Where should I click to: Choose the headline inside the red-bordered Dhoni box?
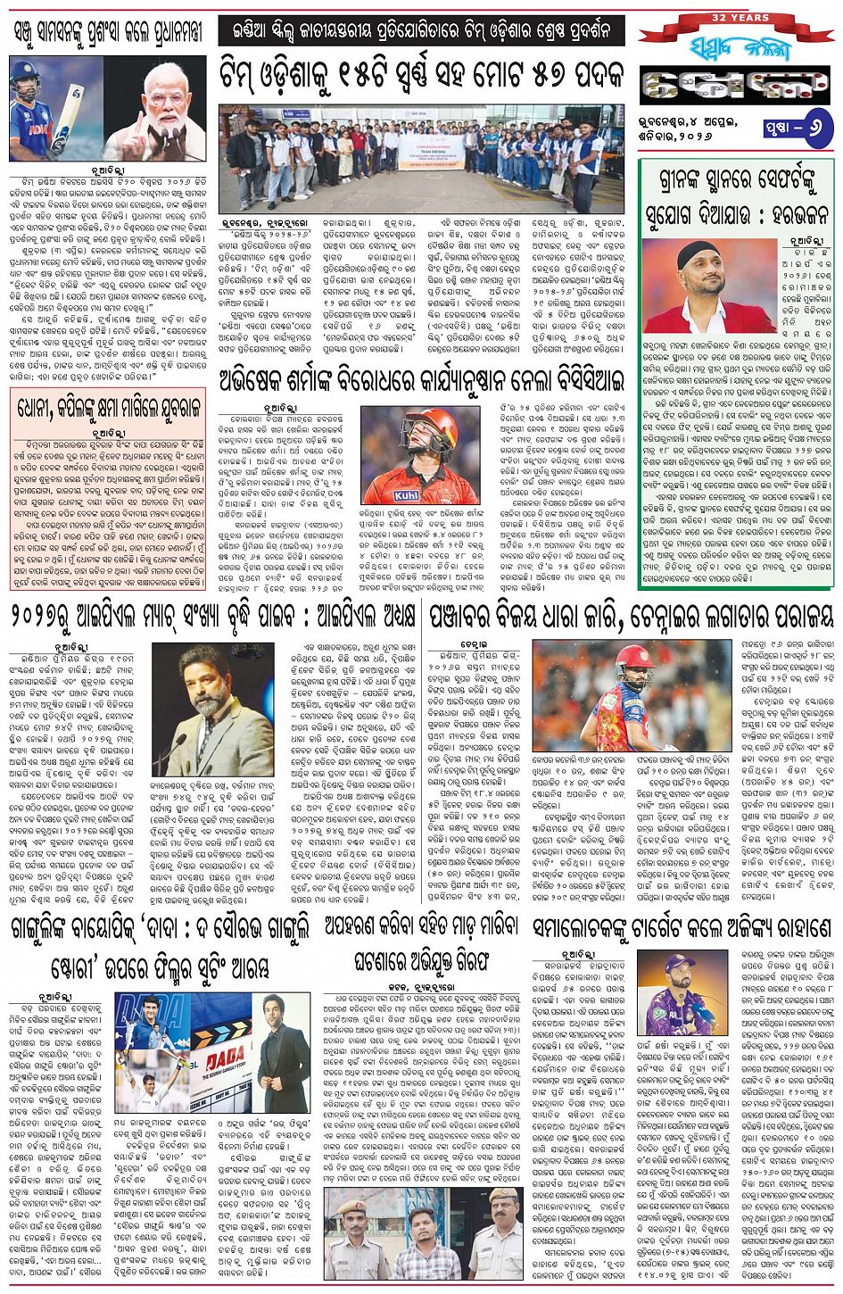pyautogui.click(x=112, y=411)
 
